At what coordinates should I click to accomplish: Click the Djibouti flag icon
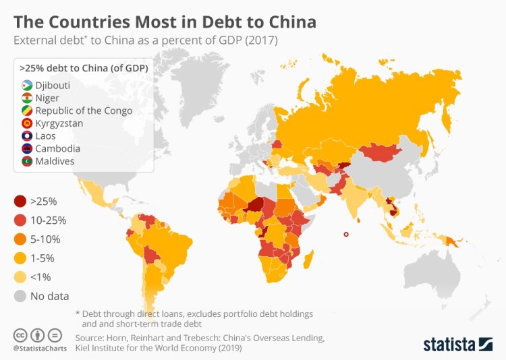[x=27, y=86]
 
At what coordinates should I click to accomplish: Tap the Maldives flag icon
[x=27, y=161]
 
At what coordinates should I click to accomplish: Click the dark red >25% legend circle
[x=20, y=201]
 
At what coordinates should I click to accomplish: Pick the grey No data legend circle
[x=20, y=295]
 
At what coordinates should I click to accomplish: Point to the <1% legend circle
[x=20, y=276]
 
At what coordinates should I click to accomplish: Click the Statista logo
[x=458, y=344]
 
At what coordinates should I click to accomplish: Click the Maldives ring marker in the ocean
[x=345, y=234]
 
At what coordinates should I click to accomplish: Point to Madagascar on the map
[x=308, y=258]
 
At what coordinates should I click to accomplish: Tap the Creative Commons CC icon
[x=20, y=335]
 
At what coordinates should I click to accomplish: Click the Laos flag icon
[x=27, y=136]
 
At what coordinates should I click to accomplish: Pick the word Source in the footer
[x=91, y=337]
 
